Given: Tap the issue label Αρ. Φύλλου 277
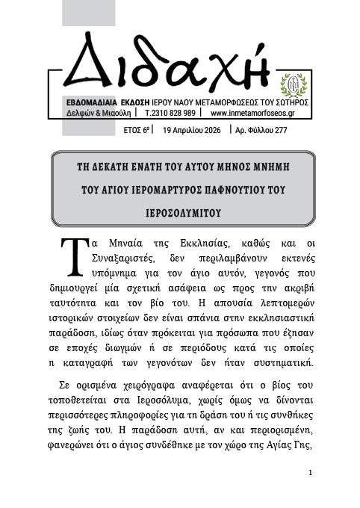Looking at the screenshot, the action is pyautogui.click(x=261, y=129).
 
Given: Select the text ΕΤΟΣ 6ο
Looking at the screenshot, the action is pyautogui.click(x=136, y=129).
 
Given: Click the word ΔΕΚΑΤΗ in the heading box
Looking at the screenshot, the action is pyautogui.click(x=122, y=168).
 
